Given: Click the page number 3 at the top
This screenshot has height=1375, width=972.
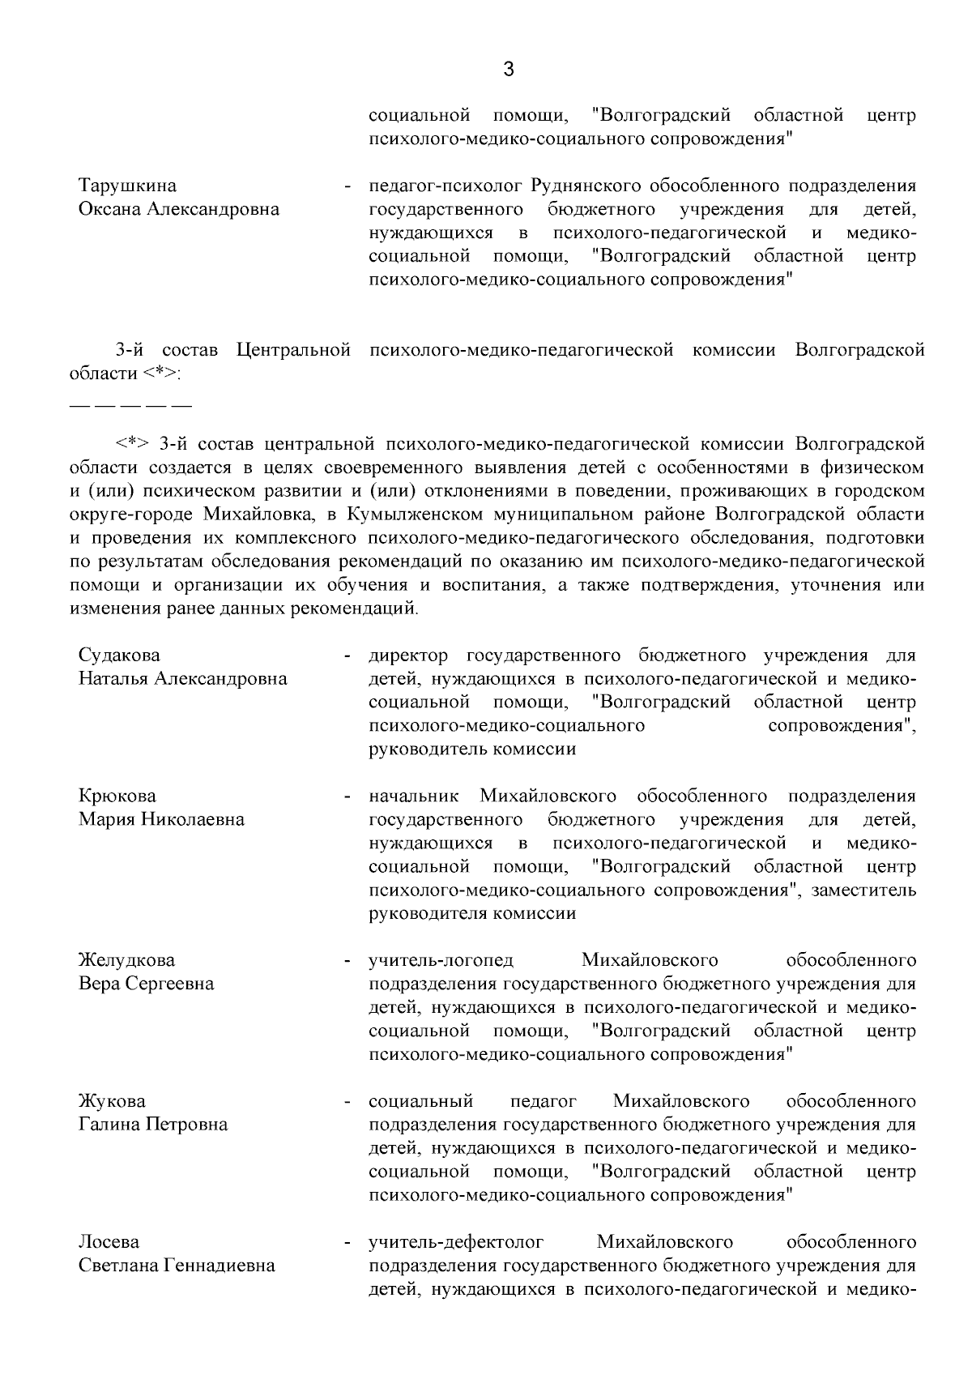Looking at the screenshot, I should tap(509, 70).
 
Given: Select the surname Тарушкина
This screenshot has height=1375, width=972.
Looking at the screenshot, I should tap(127, 186).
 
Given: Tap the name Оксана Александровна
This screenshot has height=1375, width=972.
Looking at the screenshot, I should tap(179, 209).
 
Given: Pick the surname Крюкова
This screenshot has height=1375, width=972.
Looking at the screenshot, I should tap(117, 796).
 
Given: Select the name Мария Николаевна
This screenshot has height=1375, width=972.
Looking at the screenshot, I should tap(161, 819).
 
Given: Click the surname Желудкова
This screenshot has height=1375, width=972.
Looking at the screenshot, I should tap(126, 960).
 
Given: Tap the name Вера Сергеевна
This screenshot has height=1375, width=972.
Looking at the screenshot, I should tap(146, 984).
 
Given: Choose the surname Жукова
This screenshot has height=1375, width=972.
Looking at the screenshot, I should tap(112, 1101).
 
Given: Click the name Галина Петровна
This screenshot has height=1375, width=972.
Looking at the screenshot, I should tap(153, 1125).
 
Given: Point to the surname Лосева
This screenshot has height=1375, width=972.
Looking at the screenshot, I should tap(109, 1242).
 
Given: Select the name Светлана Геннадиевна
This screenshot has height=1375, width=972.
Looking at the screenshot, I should tap(177, 1266).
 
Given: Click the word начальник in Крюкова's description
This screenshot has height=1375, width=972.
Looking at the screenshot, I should tap(414, 796).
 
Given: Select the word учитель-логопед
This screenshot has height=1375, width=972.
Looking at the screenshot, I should tap(441, 960).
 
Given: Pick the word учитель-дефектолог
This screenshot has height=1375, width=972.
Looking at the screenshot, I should tap(456, 1242).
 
